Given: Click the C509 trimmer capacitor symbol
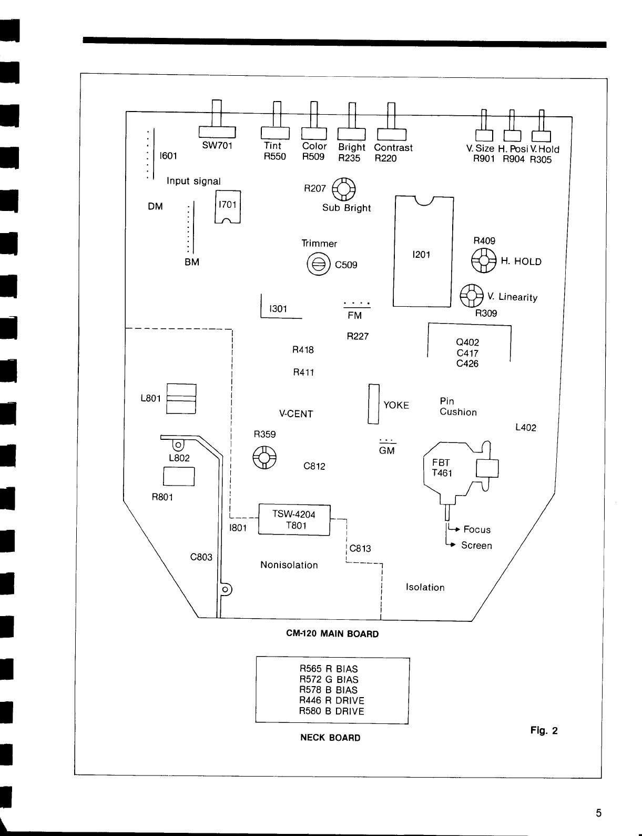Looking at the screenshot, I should [318, 265].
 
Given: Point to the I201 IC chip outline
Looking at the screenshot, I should [423, 251].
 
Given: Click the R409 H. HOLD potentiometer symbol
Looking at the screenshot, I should [483, 260].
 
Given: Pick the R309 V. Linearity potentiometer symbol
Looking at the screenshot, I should [471, 296].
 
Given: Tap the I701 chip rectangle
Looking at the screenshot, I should [228, 207].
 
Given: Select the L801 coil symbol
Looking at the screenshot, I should [181, 399].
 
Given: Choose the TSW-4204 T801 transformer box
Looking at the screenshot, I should [294, 520].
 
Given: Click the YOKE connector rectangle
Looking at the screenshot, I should [373, 404].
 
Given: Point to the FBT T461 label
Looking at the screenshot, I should [442, 468].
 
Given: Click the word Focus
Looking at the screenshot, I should [477, 530].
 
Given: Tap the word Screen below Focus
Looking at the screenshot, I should [476, 546].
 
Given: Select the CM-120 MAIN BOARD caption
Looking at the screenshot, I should [332, 634].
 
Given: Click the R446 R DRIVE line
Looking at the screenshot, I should [332, 701].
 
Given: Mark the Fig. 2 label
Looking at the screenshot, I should [544, 731].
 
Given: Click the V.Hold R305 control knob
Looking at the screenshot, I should [542, 135].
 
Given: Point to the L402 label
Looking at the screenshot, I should [525, 428].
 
